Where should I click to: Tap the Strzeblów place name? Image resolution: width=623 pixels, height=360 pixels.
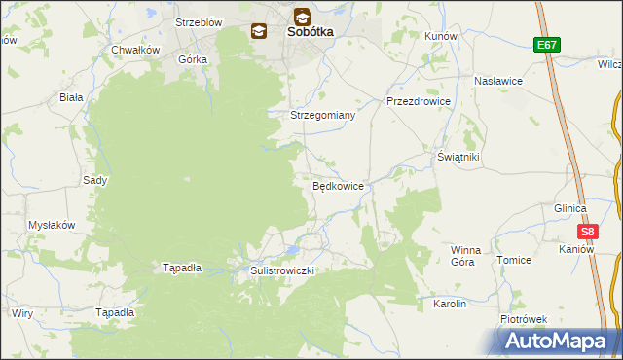pos(199,21)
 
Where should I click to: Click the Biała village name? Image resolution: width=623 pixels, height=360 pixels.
pos(71,97)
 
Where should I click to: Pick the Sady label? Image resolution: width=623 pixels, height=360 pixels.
pos(94,180)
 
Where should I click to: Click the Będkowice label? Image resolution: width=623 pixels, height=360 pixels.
pos(338,185)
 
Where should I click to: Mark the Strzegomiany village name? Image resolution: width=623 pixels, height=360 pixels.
pos(323,115)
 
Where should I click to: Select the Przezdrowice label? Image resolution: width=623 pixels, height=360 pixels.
pos(418,101)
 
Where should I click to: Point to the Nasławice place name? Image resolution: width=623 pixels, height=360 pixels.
pos(498,82)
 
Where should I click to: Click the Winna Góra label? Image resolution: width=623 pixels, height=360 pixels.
pos(465,256)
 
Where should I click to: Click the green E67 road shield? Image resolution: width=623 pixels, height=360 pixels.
pos(546,45)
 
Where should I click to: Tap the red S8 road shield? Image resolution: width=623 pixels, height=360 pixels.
pos(587,232)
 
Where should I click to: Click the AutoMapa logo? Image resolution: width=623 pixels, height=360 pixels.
pos(557,340)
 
